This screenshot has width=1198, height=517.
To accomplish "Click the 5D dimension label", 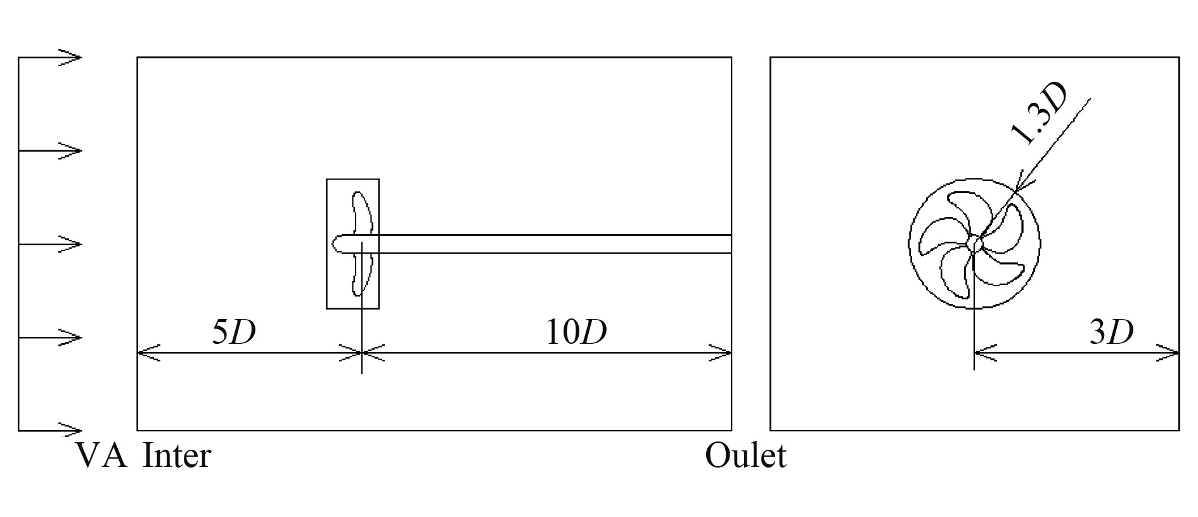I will [233, 332].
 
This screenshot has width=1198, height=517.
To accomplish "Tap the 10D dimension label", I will [576, 332].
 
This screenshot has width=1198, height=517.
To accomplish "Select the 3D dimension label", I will [1111, 332].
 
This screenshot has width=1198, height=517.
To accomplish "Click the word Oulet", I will [745, 456].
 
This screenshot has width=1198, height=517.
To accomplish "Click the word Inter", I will [177, 456].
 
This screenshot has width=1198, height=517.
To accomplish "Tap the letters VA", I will [101, 456].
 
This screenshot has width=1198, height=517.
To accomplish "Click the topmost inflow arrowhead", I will [72, 58].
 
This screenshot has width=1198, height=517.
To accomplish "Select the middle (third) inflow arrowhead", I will [72, 244].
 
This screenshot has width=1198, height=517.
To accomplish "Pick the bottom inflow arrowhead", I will [72, 430].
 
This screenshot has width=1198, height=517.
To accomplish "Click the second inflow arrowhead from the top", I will [72, 151].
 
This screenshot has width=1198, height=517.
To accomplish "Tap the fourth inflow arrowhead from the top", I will [72, 337].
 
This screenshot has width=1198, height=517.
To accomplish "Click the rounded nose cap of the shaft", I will [340, 244].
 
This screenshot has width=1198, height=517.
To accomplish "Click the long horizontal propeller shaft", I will [551, 244].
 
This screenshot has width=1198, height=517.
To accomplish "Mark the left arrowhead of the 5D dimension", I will [147, 353].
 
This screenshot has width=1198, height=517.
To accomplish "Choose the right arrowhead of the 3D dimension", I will [1169, 353].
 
